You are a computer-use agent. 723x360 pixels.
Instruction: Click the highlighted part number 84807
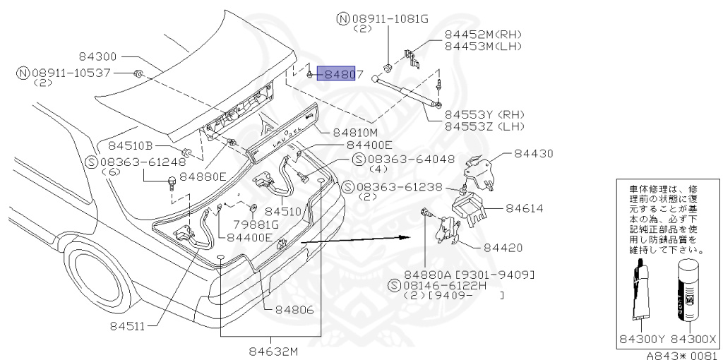(x=340, y=73)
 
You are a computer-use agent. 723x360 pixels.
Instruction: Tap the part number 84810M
(x=356, y=131)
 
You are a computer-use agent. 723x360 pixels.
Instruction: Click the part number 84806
(x=294, y=309)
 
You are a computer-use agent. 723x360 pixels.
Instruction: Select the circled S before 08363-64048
(x=358, y=160)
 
